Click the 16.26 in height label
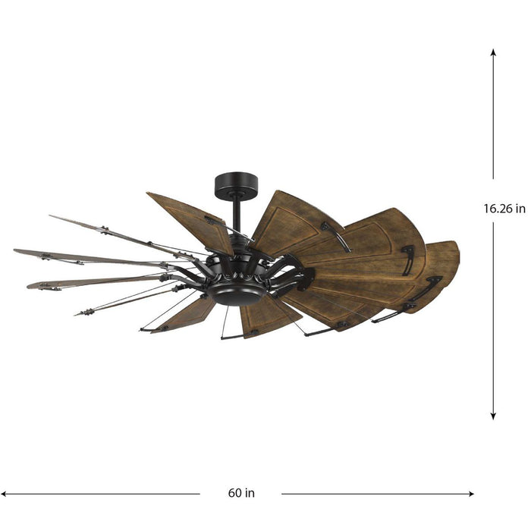point(504,209)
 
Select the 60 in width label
point(240,493)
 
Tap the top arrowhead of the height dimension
point(493,53)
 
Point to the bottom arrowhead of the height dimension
point(493,415)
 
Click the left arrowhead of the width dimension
point(5,493)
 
